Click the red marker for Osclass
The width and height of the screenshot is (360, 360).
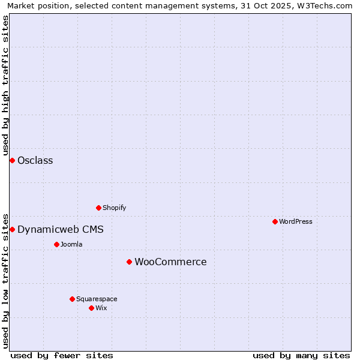(12, 160)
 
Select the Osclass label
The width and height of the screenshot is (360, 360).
(35, 160)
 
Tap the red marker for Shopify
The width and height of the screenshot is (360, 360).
(99, 208)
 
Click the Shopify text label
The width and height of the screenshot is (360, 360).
(114, 208)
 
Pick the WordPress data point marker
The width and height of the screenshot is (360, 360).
(275, 221)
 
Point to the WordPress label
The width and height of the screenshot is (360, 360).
(295, 221)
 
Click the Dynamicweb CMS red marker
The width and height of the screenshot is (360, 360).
(12, 229)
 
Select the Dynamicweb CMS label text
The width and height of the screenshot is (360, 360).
(60, 229)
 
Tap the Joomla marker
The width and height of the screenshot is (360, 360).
(56, 244)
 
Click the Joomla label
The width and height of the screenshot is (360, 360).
(71, 244)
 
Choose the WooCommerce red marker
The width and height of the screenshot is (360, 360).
(129, 262)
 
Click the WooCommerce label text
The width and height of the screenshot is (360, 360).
(170, 262)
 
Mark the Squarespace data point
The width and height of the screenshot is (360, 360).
(72, 299)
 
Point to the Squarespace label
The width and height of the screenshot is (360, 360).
(97, 299)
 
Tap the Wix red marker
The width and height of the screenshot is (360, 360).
(91, 308)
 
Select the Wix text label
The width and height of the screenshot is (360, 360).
(101, 308)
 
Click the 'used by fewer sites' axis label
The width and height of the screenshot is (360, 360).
(62, 355)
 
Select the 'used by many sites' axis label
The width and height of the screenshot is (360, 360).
(301, 355)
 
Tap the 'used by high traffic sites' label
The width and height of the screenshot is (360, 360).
(6, 84)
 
